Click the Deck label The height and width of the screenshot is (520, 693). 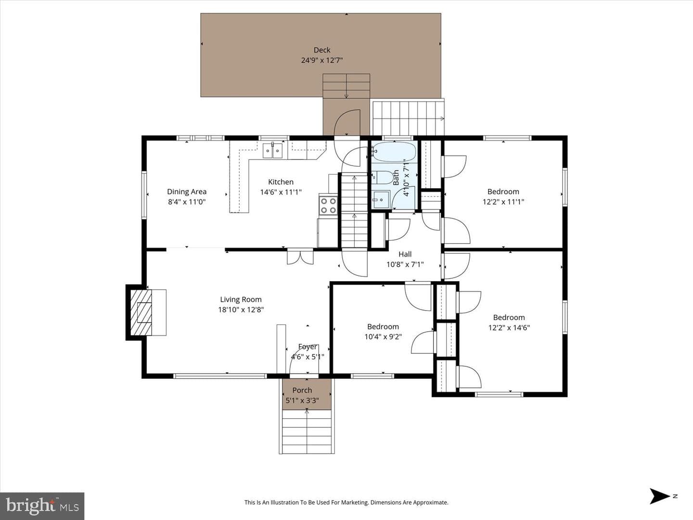point(322,50)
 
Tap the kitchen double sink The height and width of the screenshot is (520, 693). point(273,151)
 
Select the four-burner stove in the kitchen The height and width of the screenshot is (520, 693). point(328,206)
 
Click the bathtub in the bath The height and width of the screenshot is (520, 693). point(394,152)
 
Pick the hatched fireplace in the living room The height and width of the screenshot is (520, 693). point(141,312)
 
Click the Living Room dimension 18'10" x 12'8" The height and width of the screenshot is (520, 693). point(241,310)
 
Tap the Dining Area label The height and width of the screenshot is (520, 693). point(187,192)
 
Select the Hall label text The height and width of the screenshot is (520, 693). point(405,254)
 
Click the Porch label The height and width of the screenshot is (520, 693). point(302,390)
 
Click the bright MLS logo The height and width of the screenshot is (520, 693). point(42,506)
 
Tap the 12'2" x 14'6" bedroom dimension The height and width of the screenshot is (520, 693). point(509,328)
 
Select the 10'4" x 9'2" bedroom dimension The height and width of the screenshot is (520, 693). point(383,337)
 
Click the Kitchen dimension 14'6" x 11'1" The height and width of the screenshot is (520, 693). point(281,192)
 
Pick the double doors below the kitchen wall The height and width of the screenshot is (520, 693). point(300,256)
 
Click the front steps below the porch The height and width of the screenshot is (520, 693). point(307,431)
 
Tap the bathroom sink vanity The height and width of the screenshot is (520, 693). point(381,200)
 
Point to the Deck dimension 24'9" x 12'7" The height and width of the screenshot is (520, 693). point(322,60)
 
